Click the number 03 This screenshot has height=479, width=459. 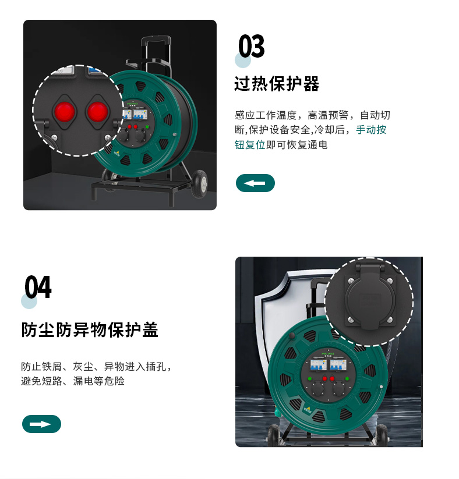252,46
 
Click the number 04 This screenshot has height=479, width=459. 38,287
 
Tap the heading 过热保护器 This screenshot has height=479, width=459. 277,84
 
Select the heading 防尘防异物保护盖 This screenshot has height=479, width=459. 90,329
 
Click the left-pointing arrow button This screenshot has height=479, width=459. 255,183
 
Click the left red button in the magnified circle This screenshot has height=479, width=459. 64,112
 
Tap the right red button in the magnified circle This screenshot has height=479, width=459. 98,112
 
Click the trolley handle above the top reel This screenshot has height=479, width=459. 156,39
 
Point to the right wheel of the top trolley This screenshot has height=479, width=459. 200,183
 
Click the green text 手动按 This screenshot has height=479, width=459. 371,130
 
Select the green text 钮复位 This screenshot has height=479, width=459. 250,144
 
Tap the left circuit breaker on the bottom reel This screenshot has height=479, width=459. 319,365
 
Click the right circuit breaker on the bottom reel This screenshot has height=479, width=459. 338,365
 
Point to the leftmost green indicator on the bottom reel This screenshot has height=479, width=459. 310,379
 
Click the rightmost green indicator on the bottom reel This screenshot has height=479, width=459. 347,379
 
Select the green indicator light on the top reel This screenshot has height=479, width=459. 147,127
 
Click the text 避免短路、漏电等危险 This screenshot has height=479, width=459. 73,381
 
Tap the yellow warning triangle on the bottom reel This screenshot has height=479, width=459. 308,408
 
